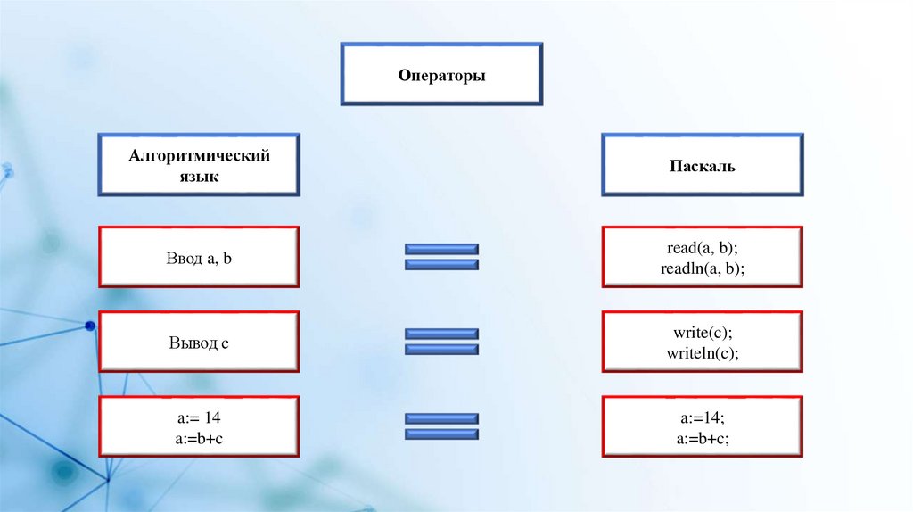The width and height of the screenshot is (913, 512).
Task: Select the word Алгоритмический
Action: coord(199,156)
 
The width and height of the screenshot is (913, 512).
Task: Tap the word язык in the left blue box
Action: coord(199,177)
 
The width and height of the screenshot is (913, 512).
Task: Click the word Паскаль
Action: coord(703,166)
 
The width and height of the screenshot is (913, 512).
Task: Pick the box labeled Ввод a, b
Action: coord(199,257)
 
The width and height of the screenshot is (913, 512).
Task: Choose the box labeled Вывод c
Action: coord(199,342)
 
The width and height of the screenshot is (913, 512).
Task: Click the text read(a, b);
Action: coord(703,248)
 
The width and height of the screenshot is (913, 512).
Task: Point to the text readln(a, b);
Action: coord(703,268)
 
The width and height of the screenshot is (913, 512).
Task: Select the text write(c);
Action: coord(703,333)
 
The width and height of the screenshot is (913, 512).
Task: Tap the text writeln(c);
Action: coord(703,352)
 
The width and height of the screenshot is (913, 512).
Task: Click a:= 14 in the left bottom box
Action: coord(199,417)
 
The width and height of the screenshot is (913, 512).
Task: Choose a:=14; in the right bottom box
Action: coord(703,417)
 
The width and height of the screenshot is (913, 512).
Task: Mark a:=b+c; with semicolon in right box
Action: coord(703,437)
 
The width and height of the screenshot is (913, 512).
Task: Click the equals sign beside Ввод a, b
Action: coord(442,257)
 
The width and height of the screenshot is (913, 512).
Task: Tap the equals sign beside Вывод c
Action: coord(442,342)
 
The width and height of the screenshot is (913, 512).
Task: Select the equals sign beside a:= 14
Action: coord(442,426)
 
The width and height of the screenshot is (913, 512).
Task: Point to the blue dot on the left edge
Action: coord(90,326)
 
